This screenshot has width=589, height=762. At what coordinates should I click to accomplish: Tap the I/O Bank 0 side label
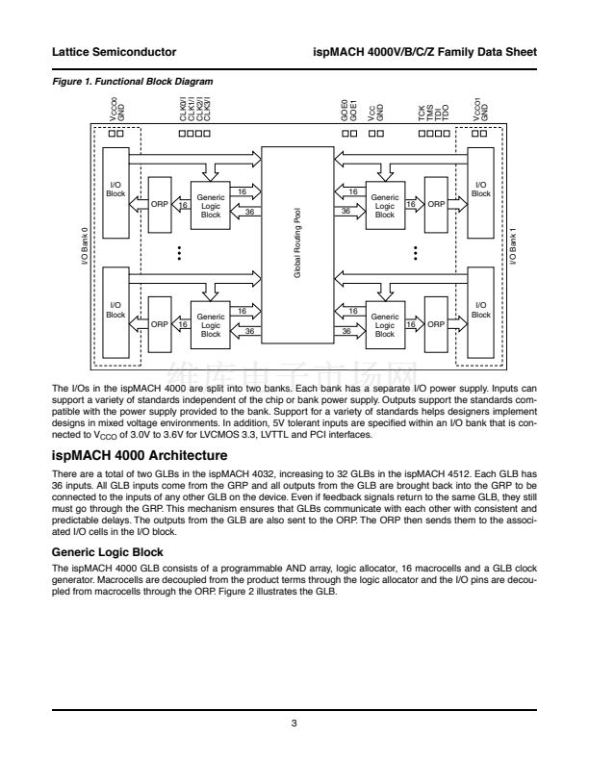85,247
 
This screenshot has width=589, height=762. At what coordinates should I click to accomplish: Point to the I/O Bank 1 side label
512,247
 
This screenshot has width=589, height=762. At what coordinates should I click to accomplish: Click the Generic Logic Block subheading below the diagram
109,553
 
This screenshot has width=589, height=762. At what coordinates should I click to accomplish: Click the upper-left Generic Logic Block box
211,203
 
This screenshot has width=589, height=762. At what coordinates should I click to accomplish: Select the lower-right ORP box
435,325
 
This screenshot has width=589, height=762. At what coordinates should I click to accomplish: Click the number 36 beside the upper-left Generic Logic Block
250,212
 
